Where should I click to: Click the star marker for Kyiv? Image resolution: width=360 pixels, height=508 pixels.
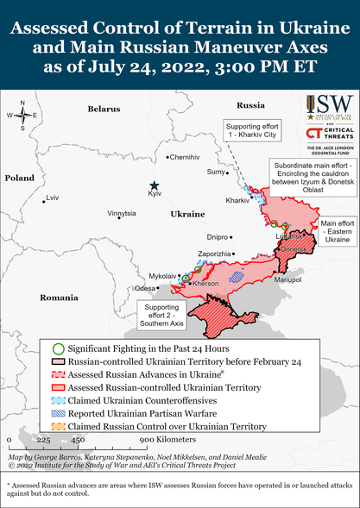click(154, 185)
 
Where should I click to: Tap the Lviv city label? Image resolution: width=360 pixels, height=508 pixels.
click(54, 198)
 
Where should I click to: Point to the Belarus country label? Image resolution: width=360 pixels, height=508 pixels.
click(104, 109)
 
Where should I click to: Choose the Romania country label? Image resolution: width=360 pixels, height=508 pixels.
click(59, 296)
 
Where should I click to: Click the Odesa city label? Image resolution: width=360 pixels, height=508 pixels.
click(145, 288)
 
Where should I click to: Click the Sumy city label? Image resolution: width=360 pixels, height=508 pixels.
click(215, 172)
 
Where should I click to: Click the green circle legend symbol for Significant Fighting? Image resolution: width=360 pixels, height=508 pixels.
click(57, 347)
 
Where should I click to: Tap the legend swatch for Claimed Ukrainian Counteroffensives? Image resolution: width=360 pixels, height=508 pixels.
click(57, 399)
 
